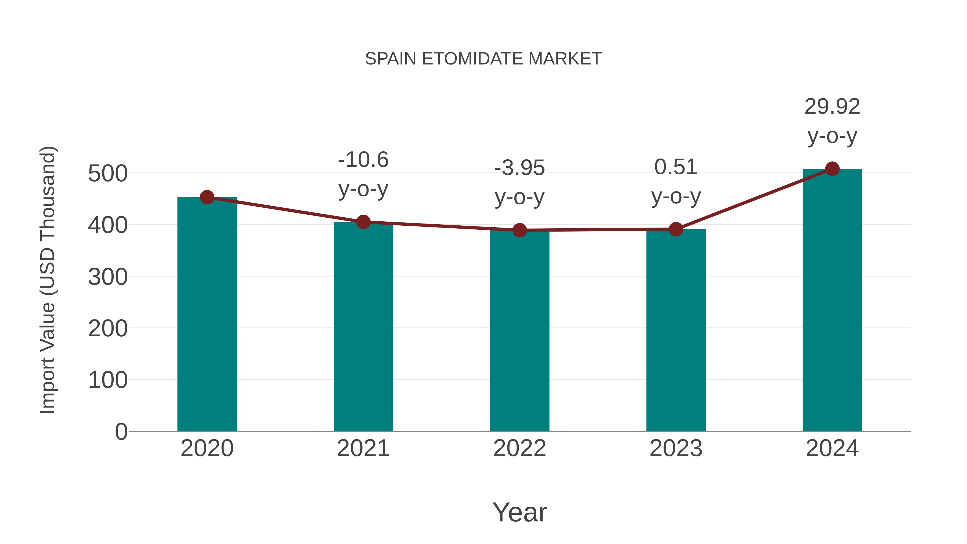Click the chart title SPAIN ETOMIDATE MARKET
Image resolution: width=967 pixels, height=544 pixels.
pos(483,59)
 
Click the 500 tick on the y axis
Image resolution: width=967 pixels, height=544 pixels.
pos(108,174)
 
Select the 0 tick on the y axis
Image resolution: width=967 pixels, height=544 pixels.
pos(121,431)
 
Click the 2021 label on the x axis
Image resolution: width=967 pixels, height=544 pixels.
pos(363,448)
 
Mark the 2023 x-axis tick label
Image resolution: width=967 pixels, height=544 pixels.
pos(676,448)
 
